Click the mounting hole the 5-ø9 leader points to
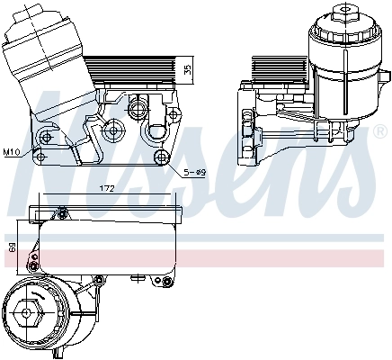pyautogui.click(x=162, y=158)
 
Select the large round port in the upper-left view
pyautogui.click(x=138, y=110)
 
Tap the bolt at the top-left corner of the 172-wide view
pyautogui.click(x=62, y=212)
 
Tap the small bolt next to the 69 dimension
pyautogui.click(x=34, y=260)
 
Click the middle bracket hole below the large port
pyautogui.click(x=114, y=132)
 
